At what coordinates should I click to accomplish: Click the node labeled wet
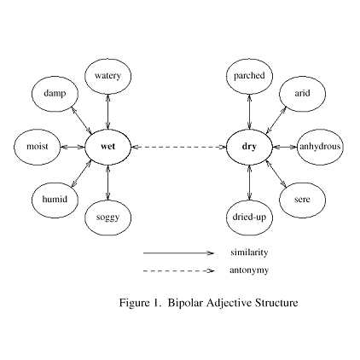107,147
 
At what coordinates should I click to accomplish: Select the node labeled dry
249,147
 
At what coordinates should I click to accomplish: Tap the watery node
107,76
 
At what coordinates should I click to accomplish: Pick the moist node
37,147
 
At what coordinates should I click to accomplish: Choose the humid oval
55,200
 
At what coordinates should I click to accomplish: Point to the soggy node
107,218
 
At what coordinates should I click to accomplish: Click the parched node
249,76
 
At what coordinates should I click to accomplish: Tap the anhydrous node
320,147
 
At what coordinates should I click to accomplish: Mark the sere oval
302,200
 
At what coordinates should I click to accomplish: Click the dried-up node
249,218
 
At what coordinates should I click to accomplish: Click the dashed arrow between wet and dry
178,147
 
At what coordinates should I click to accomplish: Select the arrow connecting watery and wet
107,111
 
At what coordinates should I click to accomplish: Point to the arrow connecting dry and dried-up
249,182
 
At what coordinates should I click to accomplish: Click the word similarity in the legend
249,253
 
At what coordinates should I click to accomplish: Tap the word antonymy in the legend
249,270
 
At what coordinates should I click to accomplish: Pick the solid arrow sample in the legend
178,253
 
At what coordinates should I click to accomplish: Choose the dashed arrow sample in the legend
178,270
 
